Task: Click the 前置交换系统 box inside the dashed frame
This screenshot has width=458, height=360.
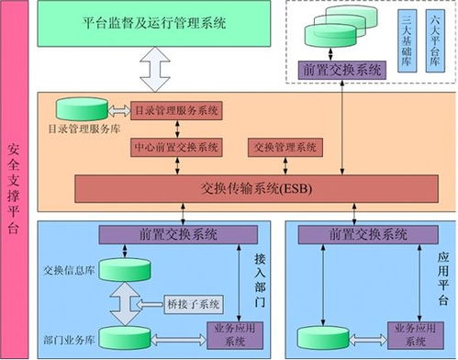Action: [341, 69]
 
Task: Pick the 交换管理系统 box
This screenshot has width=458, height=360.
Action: [283, 147]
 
